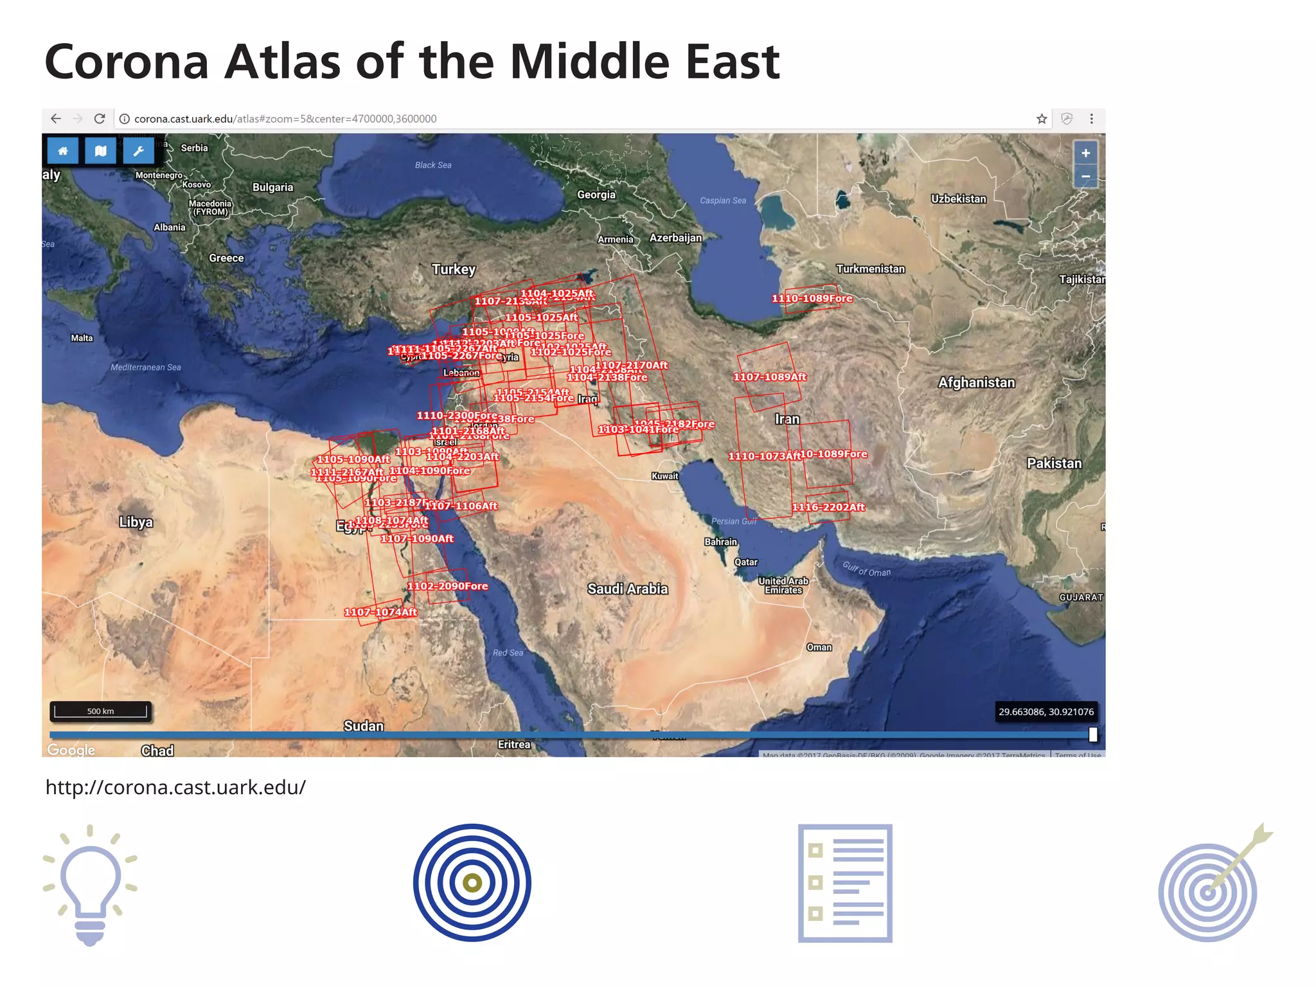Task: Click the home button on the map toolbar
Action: click(x=63, y=151)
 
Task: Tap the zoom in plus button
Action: click(x=1085, y=153)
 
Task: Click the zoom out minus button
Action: click(x=1085, y=176)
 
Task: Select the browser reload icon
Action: click(x=100, y=119)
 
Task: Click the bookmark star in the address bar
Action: click(x=1042, y=119)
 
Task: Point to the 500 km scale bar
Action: click(x=100, y=711)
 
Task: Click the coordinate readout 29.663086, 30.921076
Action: click(x=1045, y=711)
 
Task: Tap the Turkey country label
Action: click(x=454, y=269)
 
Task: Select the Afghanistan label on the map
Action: click(x=976, y=382)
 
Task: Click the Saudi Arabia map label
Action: click(x=627, y=589)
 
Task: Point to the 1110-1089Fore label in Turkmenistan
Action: click(x=812, y=298)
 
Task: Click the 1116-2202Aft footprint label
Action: click(x=828, y=507)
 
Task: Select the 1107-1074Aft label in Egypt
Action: click(x=380, y=612)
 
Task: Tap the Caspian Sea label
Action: click(x=723, y=200)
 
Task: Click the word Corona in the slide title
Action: click(x=127, y=62)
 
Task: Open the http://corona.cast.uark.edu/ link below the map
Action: click(x=175, y=787)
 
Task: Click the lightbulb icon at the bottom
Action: click(x=90, y=884)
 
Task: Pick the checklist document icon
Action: click(x=845, y=883)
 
